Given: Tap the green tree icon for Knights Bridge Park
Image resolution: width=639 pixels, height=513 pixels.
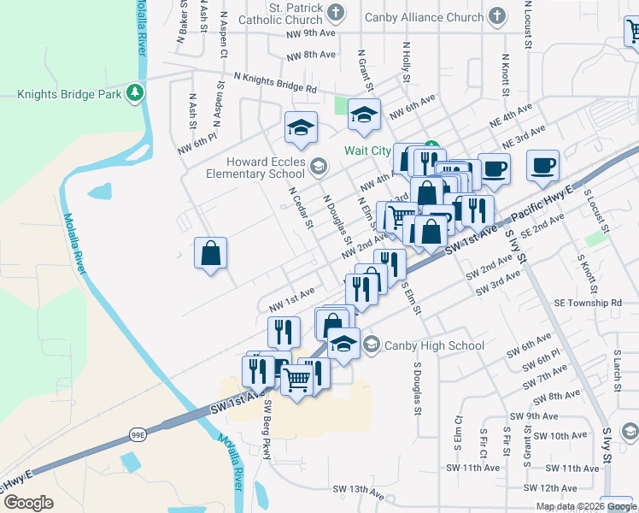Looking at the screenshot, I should click(134, 92).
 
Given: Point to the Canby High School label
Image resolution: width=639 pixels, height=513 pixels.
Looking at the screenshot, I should click(434, 345).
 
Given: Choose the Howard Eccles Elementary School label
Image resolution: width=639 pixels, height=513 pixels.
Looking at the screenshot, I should click(255, 168).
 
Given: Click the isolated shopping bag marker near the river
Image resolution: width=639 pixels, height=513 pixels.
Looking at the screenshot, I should click(210, 253).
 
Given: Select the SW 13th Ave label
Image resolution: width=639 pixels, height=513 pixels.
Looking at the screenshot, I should click(358, 490).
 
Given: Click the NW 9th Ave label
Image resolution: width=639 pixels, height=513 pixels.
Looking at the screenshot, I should click(309, 33).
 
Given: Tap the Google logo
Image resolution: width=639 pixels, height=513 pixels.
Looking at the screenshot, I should click(28, 503).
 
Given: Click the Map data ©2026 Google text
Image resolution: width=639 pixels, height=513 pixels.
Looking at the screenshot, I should click(585, 506).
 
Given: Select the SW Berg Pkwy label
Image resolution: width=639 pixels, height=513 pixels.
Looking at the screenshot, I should click(268, 429).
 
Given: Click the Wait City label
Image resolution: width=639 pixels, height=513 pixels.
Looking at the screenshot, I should click(367, 150).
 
